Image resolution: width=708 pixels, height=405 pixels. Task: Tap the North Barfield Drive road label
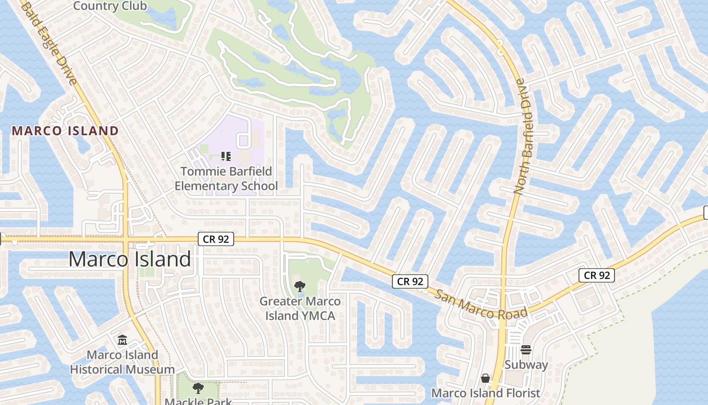pos(526,136)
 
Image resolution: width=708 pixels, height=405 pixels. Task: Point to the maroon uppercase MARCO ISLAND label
pos(65,131)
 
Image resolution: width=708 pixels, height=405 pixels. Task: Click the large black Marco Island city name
pos(129,259)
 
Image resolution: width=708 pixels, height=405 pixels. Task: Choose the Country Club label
pos(110,6)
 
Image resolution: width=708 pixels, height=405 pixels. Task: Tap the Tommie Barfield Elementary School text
pos(226,179)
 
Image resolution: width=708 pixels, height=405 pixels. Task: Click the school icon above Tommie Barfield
pos(226,156)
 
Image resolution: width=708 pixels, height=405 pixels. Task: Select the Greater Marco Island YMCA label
pos(300,308)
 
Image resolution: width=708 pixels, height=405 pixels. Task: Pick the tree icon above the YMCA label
pos(300,287)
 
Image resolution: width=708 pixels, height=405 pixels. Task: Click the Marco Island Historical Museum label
pos(122,362)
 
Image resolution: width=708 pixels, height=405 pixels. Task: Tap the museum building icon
pos(122,340)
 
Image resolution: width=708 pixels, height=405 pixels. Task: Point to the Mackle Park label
pos(198,401)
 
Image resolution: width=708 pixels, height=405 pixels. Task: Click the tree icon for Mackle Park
pos(198,388)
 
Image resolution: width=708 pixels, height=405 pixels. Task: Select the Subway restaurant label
pos(526,364)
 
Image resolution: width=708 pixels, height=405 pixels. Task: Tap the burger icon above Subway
pos(526,350)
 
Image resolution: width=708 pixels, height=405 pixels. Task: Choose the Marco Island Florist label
pos(485,393)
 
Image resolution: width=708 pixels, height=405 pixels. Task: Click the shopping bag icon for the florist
pos(485,378)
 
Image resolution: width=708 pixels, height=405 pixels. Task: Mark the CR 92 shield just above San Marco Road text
pos(410,281)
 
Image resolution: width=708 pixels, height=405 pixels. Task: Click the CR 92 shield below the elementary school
pos(216,239)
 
